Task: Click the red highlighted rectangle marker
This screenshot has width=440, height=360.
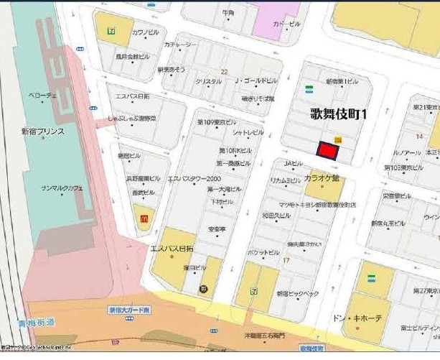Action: (327, 150)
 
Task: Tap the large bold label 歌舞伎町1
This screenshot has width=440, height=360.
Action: (339, 113)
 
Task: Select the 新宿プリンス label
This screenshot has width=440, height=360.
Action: (43, 131)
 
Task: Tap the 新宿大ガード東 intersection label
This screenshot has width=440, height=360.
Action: (130, 310)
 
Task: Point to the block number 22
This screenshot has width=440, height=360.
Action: (224, 71)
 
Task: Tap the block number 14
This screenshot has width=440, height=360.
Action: (419, 136)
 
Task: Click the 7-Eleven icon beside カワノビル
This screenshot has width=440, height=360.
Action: (111, 30)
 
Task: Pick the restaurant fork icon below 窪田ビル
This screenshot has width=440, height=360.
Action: (204, 289)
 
